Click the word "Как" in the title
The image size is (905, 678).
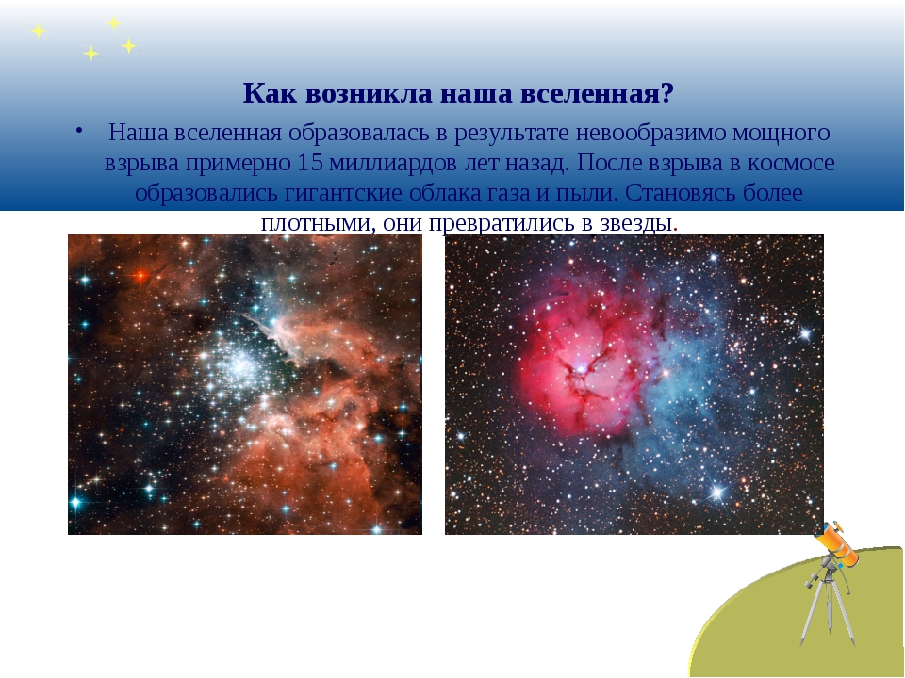pos(270,93)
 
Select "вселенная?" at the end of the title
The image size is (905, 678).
pos(597,93)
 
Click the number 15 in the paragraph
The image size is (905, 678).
pos(310,163)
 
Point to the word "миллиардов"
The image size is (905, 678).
pos(394,163)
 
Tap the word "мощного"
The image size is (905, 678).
pos(782,133)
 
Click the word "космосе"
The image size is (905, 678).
pos(791,163)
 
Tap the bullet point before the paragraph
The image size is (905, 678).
pos(78,131)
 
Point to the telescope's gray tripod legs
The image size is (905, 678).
pos(827,612)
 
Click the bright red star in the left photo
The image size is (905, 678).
pos(140,276)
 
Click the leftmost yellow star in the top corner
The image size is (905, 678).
pos(38,30)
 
